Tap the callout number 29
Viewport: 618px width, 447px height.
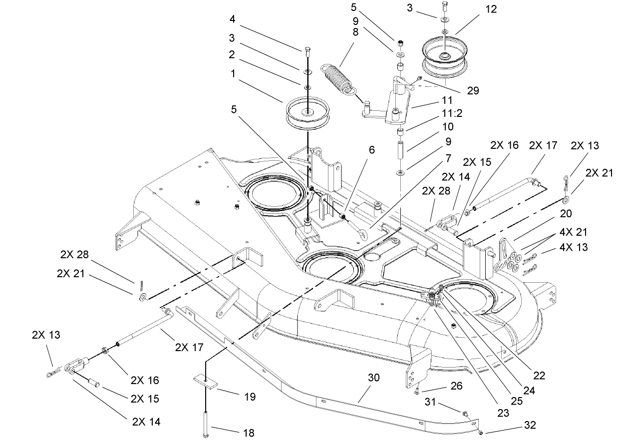(472, 90)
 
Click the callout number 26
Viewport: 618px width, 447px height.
(456, 386)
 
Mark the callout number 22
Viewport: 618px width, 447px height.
(539, 376)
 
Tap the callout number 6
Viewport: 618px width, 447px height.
(372, 149)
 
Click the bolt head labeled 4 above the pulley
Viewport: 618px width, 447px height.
(306, 49)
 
